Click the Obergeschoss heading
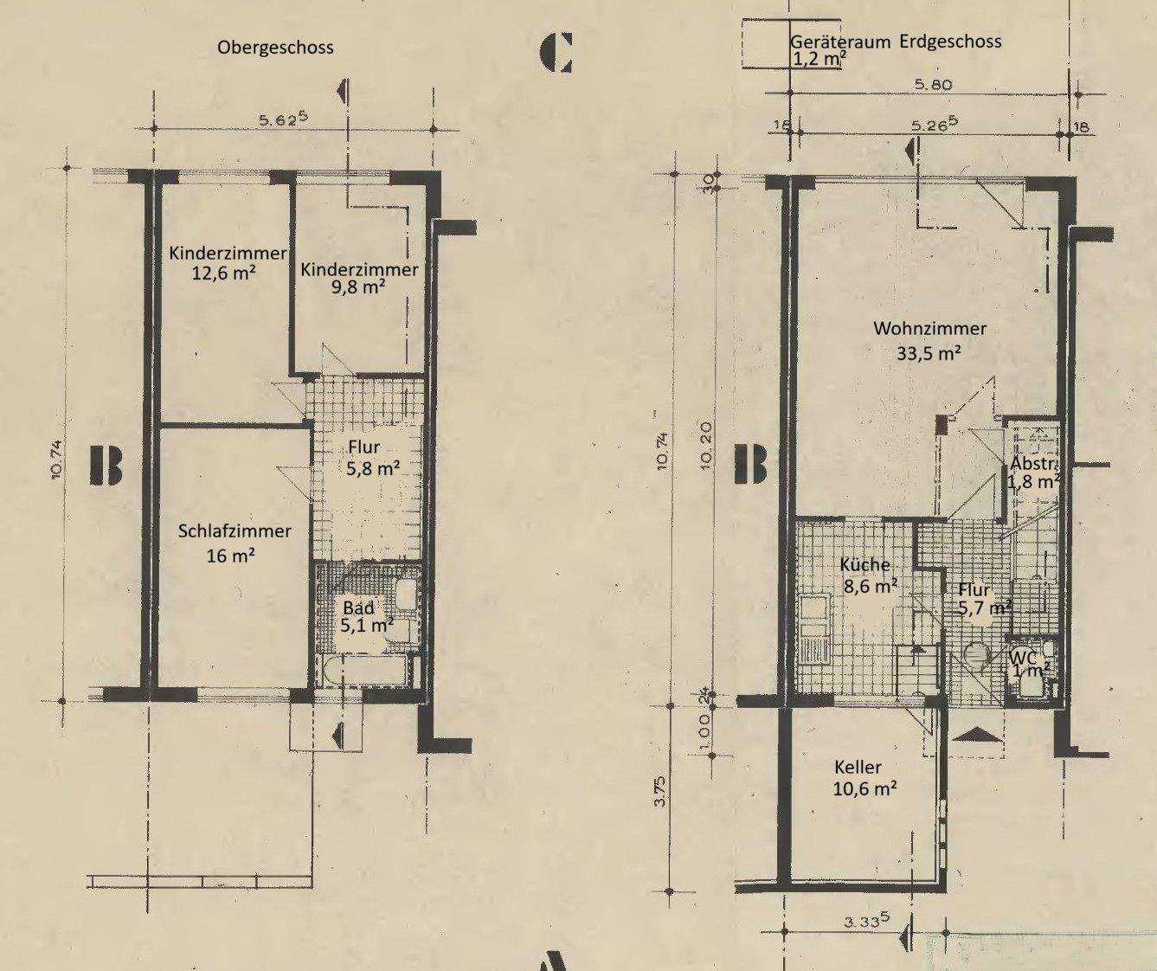click(x=275, y=48)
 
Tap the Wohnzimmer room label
click(x=929, y=328)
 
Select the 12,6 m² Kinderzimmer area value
click(x=225, y=273)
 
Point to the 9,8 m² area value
click(x=358, y=287)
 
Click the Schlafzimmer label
click(x=235, y=531)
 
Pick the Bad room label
click(x=358, y=608)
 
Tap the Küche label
click(x=865, y=565)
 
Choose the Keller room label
click(x=858, y=767)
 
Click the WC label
click(x=1024, y=658)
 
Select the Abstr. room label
click(x=1034, y=464)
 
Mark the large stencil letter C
click(x=556, y=53)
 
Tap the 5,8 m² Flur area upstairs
click(x=372, y=468)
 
